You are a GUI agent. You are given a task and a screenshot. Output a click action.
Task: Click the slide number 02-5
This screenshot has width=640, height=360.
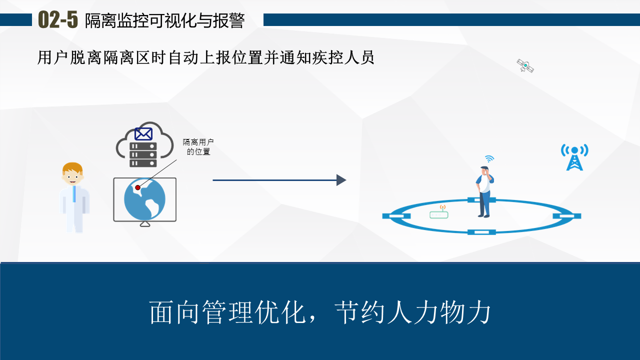(x=58, y=20)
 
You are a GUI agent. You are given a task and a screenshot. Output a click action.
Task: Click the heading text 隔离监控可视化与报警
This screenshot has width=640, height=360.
(x=164, y=21)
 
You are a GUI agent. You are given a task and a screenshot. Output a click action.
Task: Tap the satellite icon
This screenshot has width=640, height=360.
(x=525, y=65)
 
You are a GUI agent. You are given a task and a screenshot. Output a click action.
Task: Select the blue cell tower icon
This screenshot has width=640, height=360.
(x=574, y=157)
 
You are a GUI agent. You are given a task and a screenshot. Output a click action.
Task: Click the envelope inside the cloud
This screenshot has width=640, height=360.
(x=143, y=134)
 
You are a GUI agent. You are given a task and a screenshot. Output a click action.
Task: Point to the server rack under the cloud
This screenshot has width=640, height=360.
(x=143, y=154)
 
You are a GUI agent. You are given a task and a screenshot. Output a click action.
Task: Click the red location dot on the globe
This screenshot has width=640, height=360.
(x=138, y=187)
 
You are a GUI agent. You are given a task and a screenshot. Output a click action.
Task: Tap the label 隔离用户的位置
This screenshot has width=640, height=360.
(x=198, y=147)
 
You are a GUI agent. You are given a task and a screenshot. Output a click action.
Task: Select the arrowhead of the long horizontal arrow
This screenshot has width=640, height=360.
(x=341, y=180)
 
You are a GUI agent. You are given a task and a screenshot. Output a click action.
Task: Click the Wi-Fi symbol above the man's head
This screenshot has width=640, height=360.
(x=489, y=159)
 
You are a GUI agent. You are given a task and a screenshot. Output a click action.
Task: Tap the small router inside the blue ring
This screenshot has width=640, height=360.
(x=439, y=214)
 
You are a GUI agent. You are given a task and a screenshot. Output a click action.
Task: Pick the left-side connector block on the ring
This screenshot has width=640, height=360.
(x=396, y=216)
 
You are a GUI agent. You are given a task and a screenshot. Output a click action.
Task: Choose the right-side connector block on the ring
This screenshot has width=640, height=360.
(x=567, y=216)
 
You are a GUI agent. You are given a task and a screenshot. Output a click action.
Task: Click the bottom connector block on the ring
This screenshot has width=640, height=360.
(x=481, y=232)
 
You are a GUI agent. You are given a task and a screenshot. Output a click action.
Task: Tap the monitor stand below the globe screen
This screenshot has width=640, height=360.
(x=145, y=224)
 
